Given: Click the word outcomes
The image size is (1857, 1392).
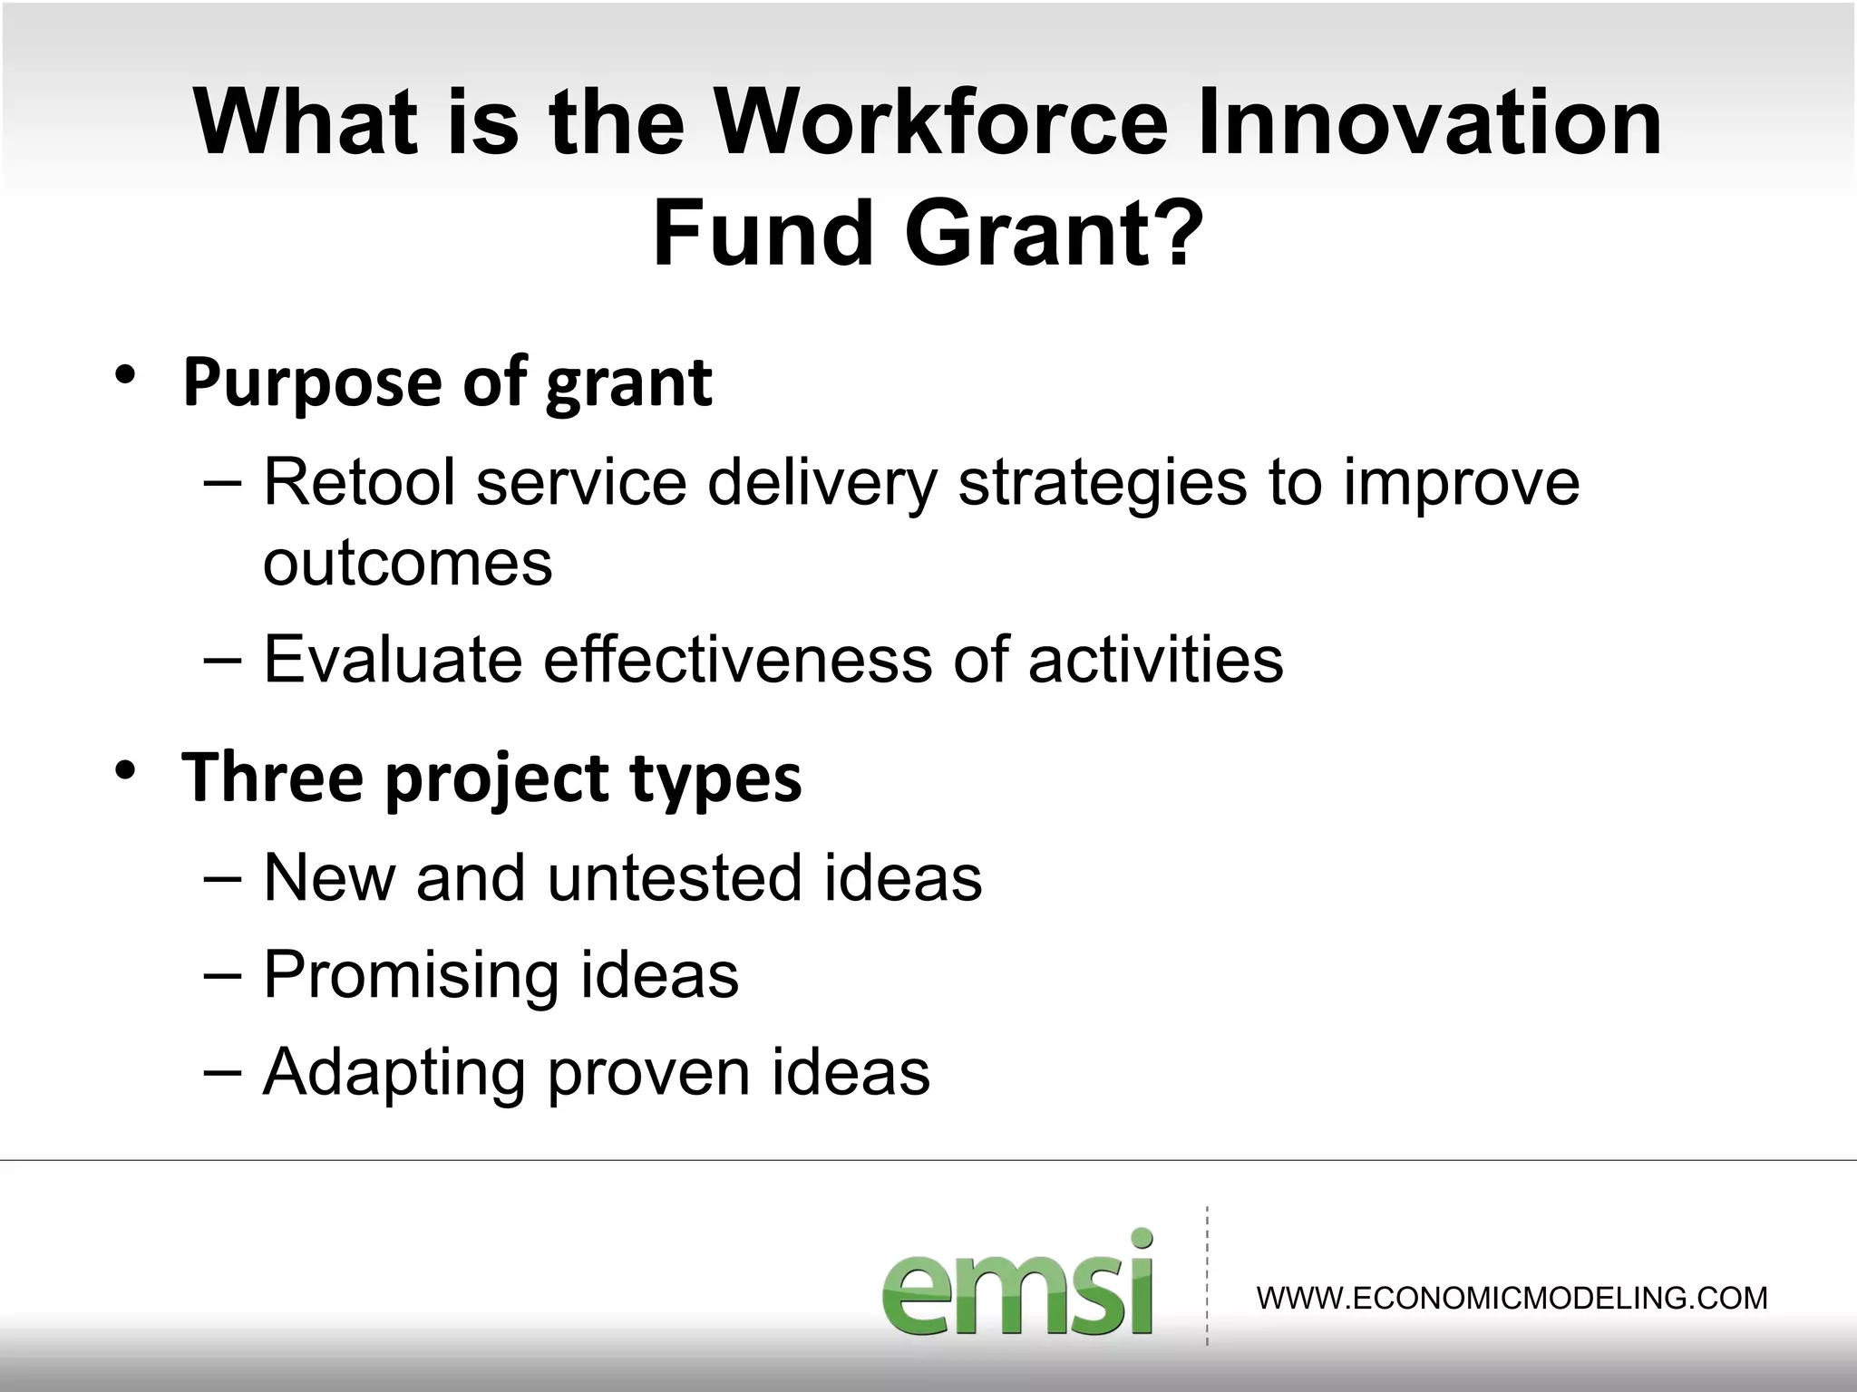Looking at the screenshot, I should (407, 564).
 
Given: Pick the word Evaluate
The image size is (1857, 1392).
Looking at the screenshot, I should (393, 659).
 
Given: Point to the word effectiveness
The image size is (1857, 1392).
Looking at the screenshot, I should (737, 659).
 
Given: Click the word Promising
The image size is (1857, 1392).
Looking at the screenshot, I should (410, 975).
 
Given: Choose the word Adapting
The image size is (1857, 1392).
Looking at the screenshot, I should (394, 1073).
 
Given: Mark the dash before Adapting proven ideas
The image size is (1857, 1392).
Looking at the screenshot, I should (223, 1071).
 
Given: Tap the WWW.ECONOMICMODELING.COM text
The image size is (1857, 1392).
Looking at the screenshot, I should (1512, 1298).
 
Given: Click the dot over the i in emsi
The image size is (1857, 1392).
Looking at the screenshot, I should (1142, 1239).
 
